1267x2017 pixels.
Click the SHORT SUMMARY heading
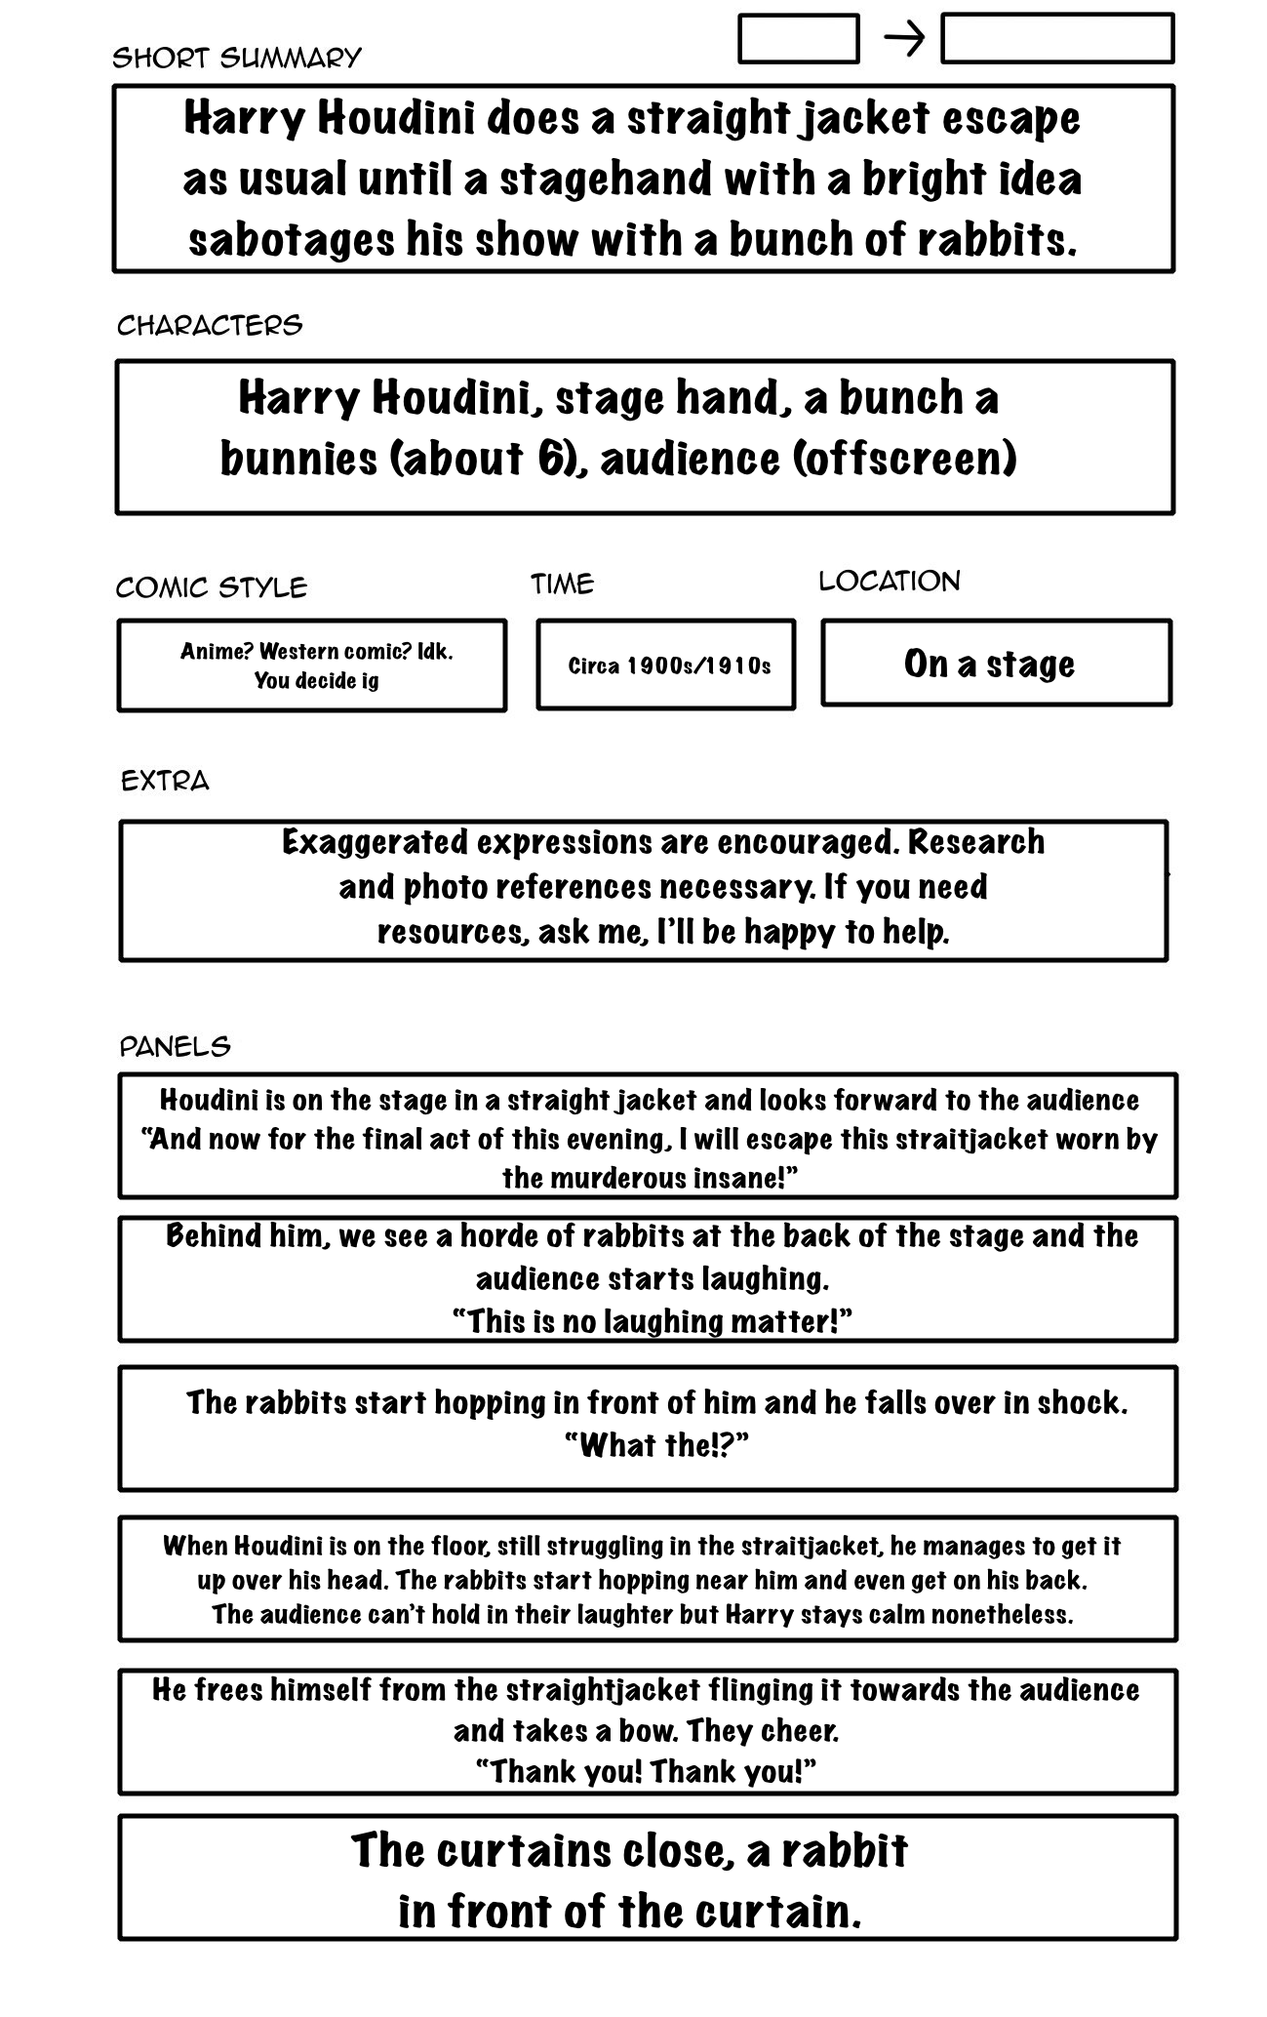[237, 59]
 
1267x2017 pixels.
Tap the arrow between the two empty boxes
[903, 40]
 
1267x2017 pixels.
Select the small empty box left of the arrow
[798, 39]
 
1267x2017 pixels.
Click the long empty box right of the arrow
[1056, 39]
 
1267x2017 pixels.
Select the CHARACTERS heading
[210, 325]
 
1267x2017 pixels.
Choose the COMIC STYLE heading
[211, 587]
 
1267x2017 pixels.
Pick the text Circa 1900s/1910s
[669, 666]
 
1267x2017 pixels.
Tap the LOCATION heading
[889, 582]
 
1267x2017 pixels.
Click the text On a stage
[989, 664]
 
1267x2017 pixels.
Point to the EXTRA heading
[165, 781]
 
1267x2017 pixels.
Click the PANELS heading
[175, 1047]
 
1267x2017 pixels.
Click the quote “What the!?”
[656, 1445]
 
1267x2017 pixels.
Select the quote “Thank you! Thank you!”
[646, 1770]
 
